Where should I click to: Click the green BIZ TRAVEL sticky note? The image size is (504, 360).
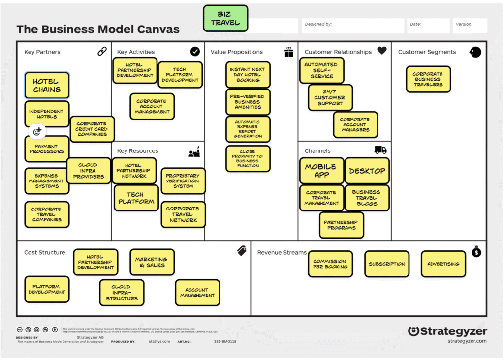(x=225, y=18)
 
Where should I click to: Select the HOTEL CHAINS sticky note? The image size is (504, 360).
(x=47, y=86)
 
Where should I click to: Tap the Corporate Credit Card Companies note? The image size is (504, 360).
(x=92, y=129)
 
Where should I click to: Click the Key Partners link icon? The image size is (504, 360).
(x=102, y=51)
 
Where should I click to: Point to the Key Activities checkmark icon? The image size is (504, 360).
(x=195, y=51)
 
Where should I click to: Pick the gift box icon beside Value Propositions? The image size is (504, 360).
(x=289, y=52)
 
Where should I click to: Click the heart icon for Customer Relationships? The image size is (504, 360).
(x=382, y=51)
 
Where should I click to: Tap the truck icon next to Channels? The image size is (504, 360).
(x=380, y=150)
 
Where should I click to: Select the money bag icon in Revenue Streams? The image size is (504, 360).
(x=476, y=252)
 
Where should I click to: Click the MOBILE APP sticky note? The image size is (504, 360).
(x=321, y=171)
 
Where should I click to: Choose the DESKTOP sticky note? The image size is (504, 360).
(x=367, y=171)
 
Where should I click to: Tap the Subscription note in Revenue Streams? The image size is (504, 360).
(x=387, y=264)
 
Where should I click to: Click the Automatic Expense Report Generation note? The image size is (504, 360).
(x=248, y=129)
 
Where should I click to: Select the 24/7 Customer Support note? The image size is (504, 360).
(x=330, y=98)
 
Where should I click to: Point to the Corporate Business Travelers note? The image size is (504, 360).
(x=428, y=79)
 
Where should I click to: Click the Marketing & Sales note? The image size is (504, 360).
(x=152, y=262)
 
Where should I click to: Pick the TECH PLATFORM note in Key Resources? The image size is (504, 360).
(x=137, y=198)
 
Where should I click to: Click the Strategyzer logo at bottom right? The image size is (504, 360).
(x=447, y=331)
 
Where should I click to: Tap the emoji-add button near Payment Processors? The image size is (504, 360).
(x=38, y=131)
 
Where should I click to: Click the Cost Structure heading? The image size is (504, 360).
(x=45, y=252)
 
